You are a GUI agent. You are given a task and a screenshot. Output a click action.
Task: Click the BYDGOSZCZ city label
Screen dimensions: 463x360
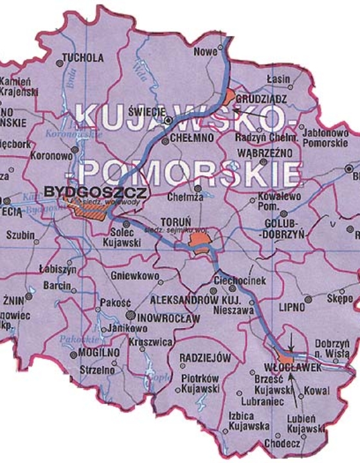[96, 192]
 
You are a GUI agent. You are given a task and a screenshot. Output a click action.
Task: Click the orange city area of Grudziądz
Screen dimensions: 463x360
[230, 98]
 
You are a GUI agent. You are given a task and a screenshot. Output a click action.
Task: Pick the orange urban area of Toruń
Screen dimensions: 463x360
[200, 244]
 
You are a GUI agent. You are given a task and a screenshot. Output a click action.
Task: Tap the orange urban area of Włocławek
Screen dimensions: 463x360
[284, 357]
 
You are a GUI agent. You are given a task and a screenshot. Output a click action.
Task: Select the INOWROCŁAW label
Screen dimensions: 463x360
[169, 317]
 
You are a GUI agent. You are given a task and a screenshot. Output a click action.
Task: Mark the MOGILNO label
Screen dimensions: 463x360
[94, 352]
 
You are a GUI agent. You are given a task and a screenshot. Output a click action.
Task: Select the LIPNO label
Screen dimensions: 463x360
[292, 308]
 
